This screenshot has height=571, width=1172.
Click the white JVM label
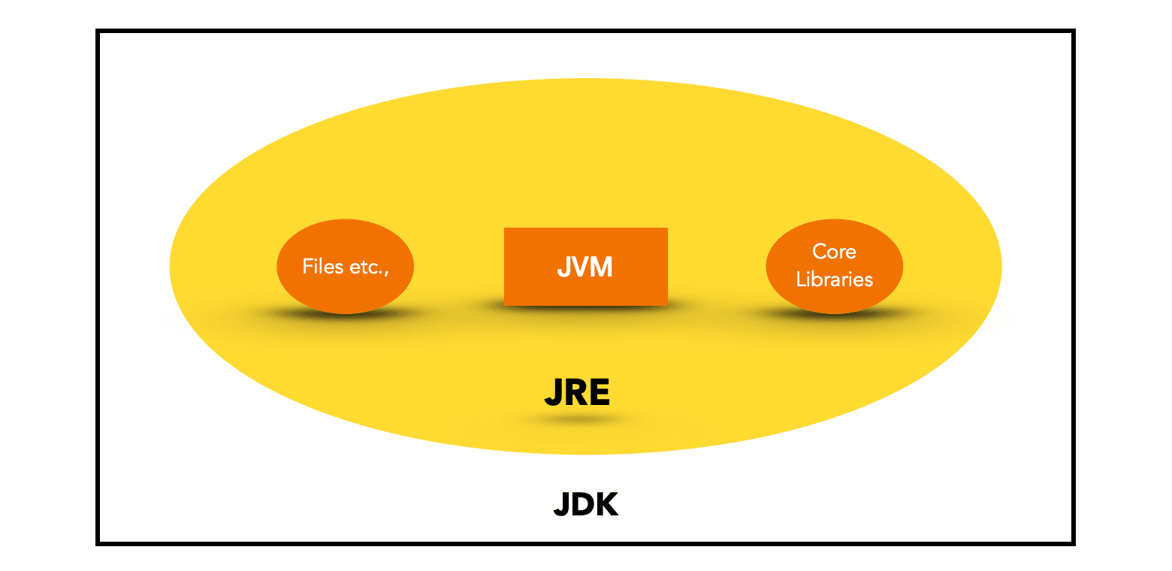pyautogui.click(x=585, y=267)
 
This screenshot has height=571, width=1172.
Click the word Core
pyautogui.click(x=834, y=251)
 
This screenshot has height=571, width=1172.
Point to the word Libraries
pyautogui.click(x=834, y=279)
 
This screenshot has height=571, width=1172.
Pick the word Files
pyautogui.click(x=323, y=267)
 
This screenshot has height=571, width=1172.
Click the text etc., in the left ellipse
pyautogui.click(x=368, y=267)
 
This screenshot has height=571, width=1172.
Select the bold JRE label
pyautogui.click(x=576, y=392)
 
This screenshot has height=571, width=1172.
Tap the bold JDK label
pyautogui.click(x=585, y=504)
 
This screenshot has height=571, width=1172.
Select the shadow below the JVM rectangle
pyautogui.click(x=585, y=308)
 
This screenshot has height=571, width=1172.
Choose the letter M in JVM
pyautogui.click(x=602, y=267)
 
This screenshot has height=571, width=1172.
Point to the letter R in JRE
pyautogui.click(x=575, y=392)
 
